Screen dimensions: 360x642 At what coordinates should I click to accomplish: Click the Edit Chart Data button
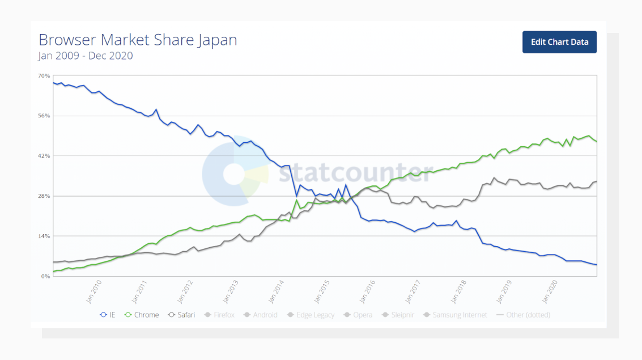pos(559,42)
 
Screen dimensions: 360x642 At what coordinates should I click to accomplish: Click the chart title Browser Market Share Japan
pos(138,40)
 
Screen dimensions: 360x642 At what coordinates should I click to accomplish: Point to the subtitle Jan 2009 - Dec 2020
pos(86,56)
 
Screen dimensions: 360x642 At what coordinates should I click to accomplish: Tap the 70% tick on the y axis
pos(44,75)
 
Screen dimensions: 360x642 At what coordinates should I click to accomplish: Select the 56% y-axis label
pos(44,116)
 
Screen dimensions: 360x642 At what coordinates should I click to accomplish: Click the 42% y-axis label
pos(44,156)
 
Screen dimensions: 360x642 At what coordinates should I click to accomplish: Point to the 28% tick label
pos(44,196)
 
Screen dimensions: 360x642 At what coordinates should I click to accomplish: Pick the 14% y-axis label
pos(44,236)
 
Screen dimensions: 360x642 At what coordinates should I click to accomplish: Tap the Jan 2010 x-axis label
pos(93,291)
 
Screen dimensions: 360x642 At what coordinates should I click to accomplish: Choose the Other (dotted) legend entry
pos(523,315)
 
